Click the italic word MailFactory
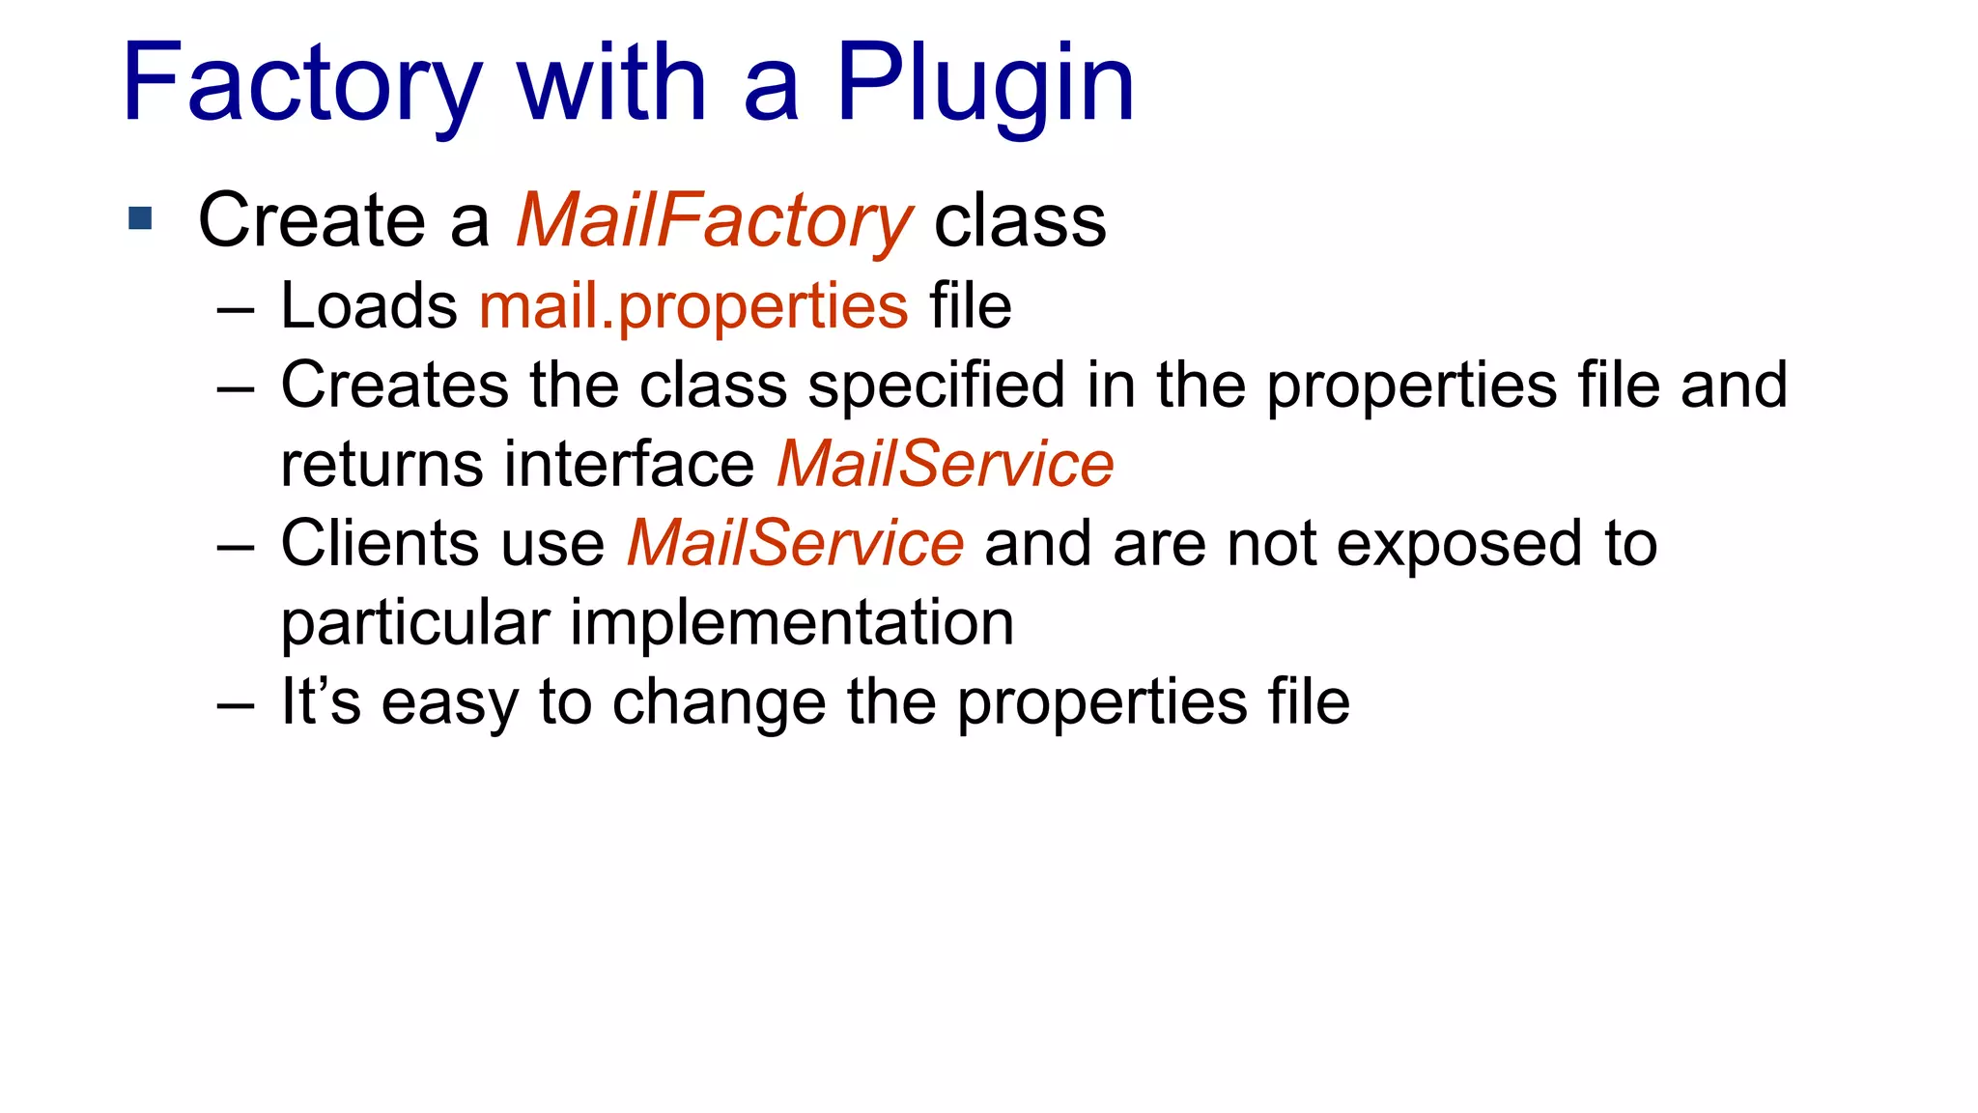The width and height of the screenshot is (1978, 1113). (x=714, y=221)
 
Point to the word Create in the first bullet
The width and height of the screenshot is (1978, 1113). (x=311, y=221)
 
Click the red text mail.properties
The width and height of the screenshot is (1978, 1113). (x=693, y=307)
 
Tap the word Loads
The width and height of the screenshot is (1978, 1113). (x=369, y=307)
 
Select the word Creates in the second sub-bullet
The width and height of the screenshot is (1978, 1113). (x=394, y=385)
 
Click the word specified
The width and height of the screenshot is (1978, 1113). (x=937, y=385)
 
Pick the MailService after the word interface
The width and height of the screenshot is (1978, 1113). (x=945, y=465)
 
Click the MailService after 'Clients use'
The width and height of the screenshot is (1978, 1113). (x=795, y=544)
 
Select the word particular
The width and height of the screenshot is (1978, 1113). (x=415, y=623)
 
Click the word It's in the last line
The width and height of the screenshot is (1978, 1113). (x=321, y=701)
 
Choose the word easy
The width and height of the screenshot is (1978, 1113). (x=450, y=701)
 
